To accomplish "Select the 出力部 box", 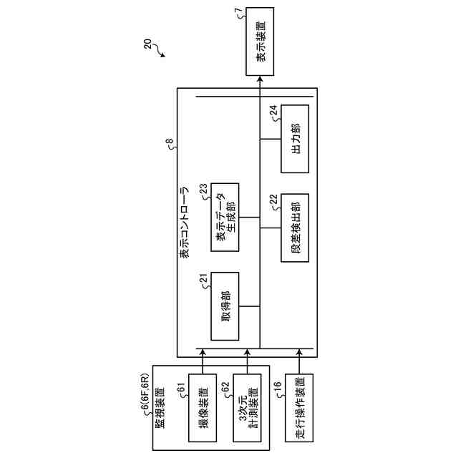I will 294,138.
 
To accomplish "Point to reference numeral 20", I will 147,45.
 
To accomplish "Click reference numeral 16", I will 278,389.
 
